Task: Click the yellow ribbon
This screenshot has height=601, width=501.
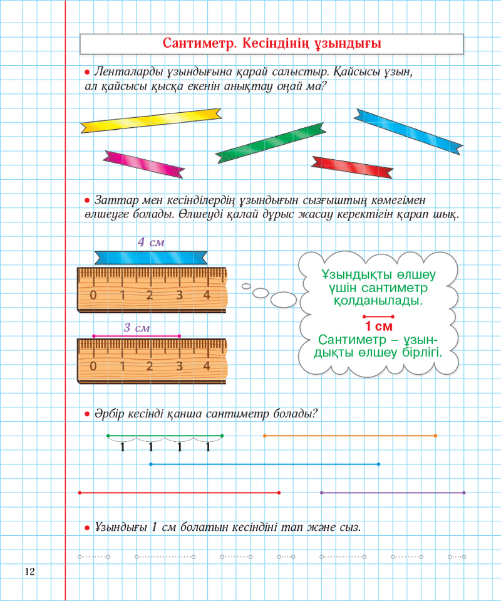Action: (x=151, y=120)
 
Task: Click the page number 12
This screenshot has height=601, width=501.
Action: (x=29, y=571)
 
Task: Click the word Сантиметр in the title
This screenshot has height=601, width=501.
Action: (x=198, y=43)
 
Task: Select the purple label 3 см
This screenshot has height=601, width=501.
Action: (x=137, y=327)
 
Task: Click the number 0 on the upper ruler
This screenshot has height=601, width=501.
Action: (x=93, y=296)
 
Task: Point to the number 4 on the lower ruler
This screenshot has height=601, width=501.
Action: (x=207, y=366)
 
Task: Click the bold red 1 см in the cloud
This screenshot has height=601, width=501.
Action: (x=378, y=326)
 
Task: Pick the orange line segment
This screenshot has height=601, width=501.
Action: (x=349, y=435)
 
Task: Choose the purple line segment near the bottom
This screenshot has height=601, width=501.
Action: (x=392, y=493)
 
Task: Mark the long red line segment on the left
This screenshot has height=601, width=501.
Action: (x=178, y=493)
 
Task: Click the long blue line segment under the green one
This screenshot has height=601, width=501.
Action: (x=264, y=464)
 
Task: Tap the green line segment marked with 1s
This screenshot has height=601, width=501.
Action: (x=165, y=435)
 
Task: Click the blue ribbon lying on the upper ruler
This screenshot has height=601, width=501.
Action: (x=151, y=257)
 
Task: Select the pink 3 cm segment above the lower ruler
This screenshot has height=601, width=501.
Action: (x=137, y=337)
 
